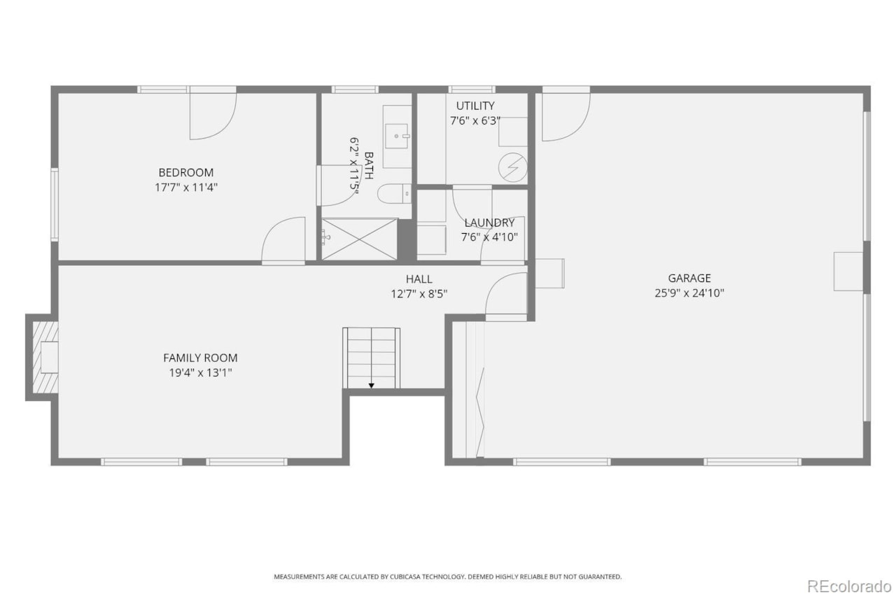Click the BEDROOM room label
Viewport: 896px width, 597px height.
pos(185,172)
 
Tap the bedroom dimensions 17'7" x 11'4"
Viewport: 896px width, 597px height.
pos(185,188)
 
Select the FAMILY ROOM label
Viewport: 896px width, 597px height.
pos(200,358)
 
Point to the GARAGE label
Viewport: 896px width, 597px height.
pos(689,278)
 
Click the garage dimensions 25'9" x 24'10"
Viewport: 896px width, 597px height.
pos(689,293)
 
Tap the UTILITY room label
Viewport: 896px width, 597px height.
pos(475,106)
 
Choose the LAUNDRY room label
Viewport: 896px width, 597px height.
pos(489,223)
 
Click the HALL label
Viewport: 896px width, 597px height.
pos(419,279)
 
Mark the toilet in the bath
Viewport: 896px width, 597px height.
pos(394,192)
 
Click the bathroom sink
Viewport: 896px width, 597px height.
pos(398,134)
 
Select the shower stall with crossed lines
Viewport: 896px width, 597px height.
pos(359,239)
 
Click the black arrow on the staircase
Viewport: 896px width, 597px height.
pos(371,384)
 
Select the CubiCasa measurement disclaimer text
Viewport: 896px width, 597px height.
pos(447,577)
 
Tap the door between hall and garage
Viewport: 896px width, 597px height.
pos(505,295)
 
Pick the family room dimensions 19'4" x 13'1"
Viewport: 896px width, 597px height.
pos(200,373)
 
